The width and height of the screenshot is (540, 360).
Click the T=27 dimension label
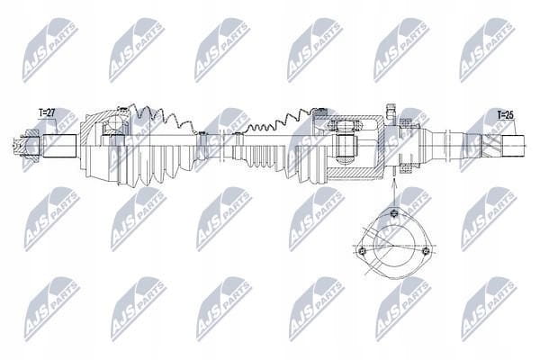(47, 113)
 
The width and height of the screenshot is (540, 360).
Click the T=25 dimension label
(505, 115)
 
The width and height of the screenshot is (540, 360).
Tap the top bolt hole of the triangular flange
(394, 213)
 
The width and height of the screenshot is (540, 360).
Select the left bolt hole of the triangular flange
(361, 251)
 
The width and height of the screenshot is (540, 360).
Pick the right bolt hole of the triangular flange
(426, 250)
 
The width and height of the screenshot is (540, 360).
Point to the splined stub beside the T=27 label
(59, 146)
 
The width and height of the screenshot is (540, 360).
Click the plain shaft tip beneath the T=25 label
(513, 146)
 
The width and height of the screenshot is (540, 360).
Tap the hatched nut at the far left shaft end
(31, 146)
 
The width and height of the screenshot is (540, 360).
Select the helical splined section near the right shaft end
(491, 146)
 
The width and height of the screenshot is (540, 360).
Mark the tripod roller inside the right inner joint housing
(346, 148)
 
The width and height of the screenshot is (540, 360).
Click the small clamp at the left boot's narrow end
(202, 146)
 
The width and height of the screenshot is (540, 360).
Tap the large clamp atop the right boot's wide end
(321, 110)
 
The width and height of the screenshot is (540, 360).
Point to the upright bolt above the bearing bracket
(391, 112)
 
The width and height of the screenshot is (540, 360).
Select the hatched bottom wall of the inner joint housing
(355, 172)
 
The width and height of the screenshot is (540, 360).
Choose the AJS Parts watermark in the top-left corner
(50, 50)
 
